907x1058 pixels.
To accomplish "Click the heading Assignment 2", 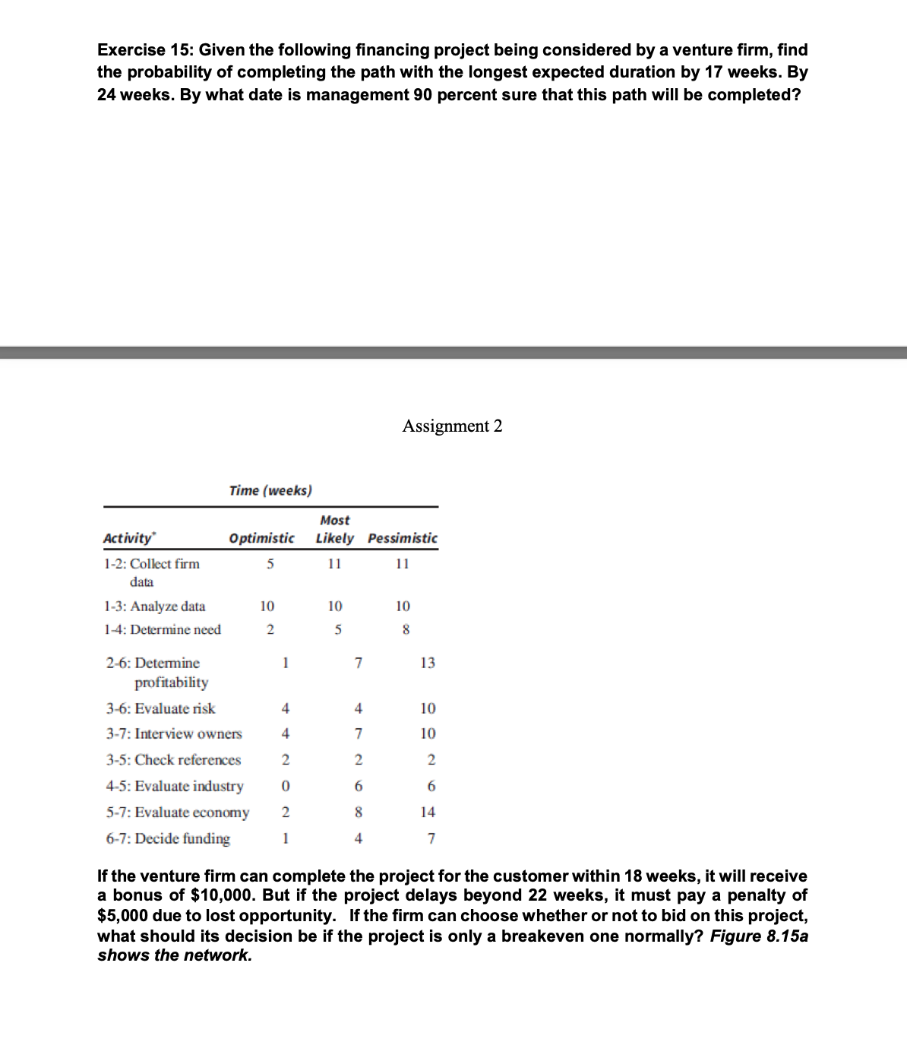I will click(x=452, y=426).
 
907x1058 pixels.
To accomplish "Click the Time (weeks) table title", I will click(x=270, y=490).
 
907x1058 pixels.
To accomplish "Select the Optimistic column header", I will click(x=261, y=538).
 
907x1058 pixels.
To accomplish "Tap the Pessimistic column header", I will click(x=403, y=538).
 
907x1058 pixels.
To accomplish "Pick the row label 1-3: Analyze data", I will click(x=154, y=607).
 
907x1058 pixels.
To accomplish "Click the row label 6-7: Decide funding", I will click(x=168, y=838).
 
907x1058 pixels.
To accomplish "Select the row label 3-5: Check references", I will click(x=173, y=760).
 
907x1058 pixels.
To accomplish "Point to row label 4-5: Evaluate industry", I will click(x=175, y=786).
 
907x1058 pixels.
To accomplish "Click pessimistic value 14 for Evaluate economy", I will click(x=428, y=812).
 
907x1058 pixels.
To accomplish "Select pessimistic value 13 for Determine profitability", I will click(x=428, y=663).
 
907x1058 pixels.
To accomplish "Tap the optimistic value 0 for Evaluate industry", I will click(x=285, y=786).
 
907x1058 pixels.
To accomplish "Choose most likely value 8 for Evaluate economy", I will click(x=359, y=812).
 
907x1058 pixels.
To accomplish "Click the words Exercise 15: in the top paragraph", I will click(x=145, y=50).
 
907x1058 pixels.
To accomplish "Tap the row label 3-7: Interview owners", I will click(x=174, y=734).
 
